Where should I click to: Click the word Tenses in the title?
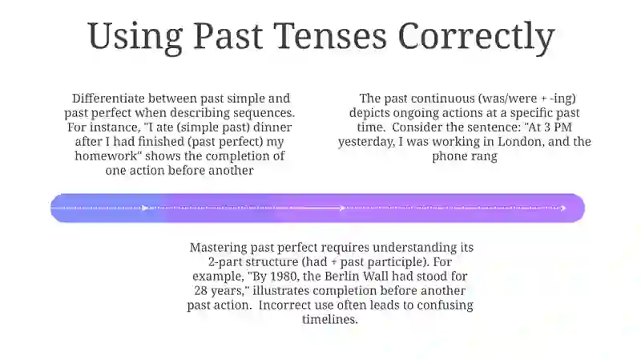coord(330,36)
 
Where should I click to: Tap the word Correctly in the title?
coord(476,37)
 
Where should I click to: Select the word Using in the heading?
coord(135,38)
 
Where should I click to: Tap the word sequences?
coord(264,113)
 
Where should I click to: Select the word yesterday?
coord(366,142)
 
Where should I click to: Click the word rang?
coord(483,156)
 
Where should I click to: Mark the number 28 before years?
coord(201,290)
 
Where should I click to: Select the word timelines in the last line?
coord(330,319)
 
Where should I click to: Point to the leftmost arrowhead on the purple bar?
coord(145,208)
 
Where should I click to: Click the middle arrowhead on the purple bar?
coord(343,208)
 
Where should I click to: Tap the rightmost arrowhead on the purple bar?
coord(563,208)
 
